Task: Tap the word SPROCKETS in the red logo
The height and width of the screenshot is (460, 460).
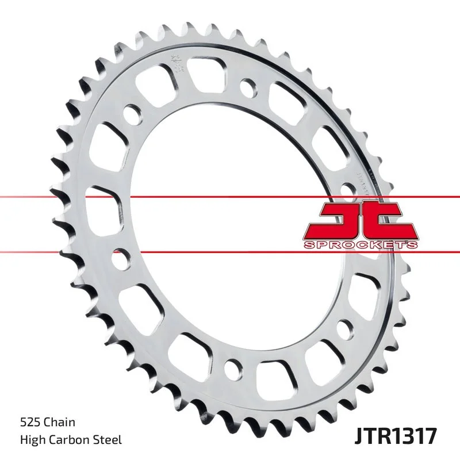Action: pyautogui.click(x=361, y=246)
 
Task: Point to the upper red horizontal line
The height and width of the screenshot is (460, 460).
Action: pyautogui.click(x=172, y=197)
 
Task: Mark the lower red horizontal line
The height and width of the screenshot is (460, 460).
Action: pyautogui.click(x=172, y=251)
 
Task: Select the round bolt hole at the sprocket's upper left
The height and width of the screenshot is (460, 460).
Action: pyautogui.click(x=131, y=113)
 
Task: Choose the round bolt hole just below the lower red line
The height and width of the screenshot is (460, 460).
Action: pyautogui.click(x=121, y=259)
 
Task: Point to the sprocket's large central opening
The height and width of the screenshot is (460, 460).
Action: pyautogui.click(x=241, y=224)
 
